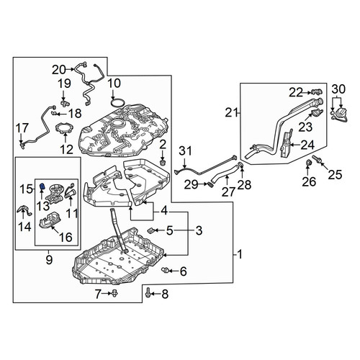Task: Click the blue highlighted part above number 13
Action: [x=42, y=186]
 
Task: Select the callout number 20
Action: [x=59, y=70]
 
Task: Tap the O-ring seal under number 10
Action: [x=118, y=103]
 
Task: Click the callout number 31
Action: [x=186, y=151]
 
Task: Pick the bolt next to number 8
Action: [x=148, y=293]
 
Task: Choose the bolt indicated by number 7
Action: [x=114, y=293]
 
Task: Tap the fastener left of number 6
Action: [x=165, y=271]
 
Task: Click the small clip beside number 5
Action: [x=151, y=230]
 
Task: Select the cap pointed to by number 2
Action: [x=163, y=163]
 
